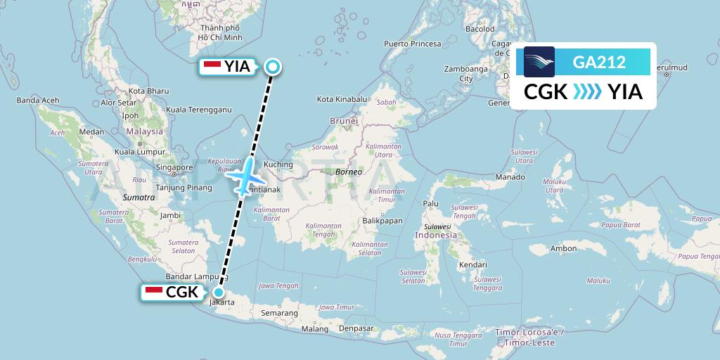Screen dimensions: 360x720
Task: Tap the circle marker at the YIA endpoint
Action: pyautogui.click(x=273, y=67)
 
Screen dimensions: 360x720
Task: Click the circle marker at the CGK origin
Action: pyautogui.click(x=219, y=293)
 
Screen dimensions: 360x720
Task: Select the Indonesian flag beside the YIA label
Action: pyautogui.click(x=212, y=67)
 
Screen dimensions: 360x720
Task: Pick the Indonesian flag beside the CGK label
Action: pyautogui.click(x=153, y=292)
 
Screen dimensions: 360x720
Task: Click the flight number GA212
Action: pyautogui.click(x=600, y=63)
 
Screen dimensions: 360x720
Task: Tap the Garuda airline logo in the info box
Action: pyautogui.click(x=539, y=62)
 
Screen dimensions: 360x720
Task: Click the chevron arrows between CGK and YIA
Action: pyautogui.click(x=588, y=92)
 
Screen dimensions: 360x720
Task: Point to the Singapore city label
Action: pyautogui.click(x=175, y=167)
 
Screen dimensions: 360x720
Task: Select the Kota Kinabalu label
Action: pyautogui.click(x=342, y=99)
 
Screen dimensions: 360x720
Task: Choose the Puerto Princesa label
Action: pyautogui.click(x=412, y=44)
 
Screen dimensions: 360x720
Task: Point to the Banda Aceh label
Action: pyautogui.click(x=37, y=101)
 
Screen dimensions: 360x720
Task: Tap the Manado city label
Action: pyautogui.click(x=510, y=177)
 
